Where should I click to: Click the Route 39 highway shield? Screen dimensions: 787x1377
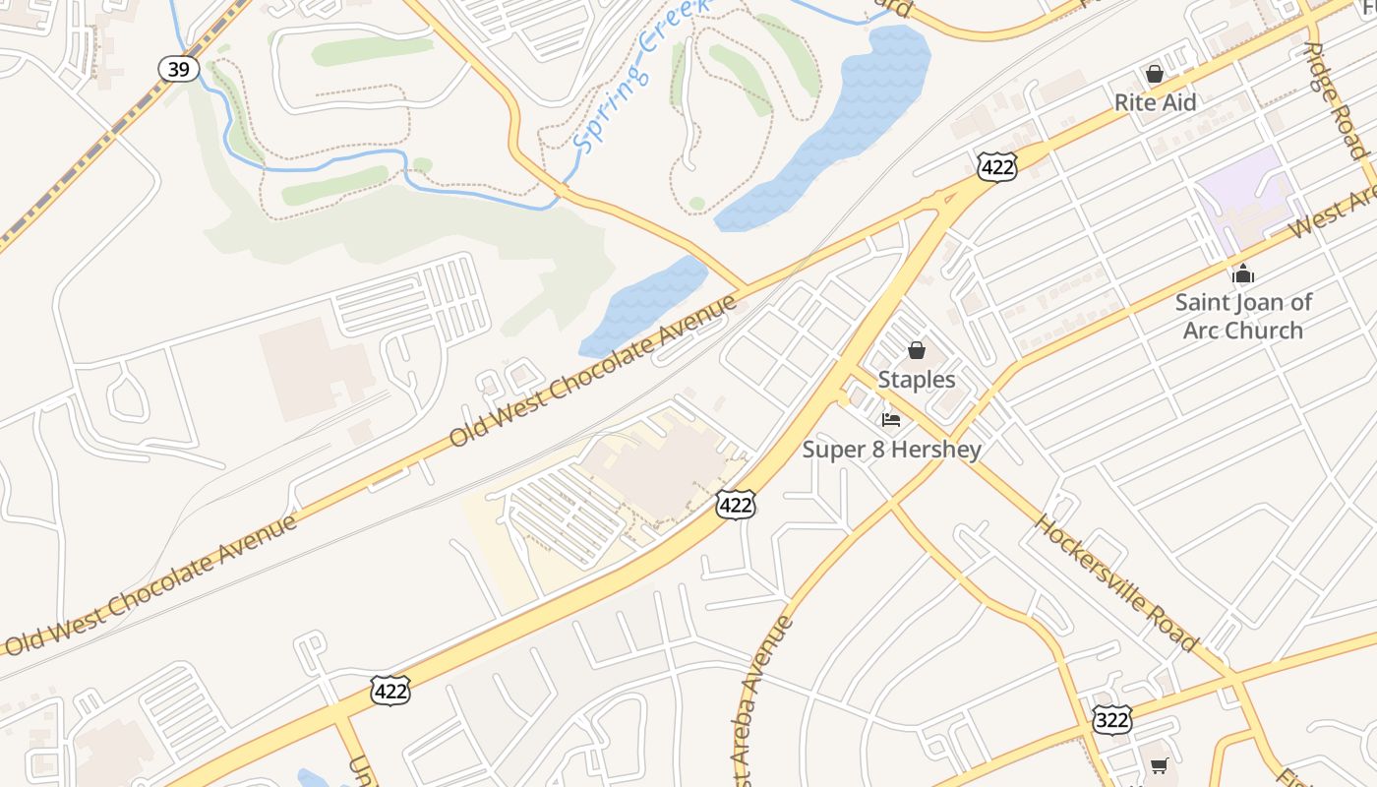[179, 69]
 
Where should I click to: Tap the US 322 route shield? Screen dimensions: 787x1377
[1111, 719]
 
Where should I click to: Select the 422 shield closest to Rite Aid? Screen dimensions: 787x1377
[996, 167]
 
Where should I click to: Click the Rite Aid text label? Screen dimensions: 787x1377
[1155, 102]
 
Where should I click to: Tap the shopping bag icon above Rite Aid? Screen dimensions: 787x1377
[1155, 74]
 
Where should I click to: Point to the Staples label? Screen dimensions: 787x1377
[916, 380]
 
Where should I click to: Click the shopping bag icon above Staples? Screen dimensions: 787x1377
[917, 350]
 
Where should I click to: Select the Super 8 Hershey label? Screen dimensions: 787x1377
[891, 450]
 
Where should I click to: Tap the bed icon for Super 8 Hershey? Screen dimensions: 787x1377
[891, 420]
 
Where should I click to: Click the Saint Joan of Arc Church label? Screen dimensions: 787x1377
[1243, 316]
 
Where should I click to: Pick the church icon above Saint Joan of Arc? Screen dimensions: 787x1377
[1243, 273]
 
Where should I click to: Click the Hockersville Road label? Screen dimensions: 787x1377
[1115, 582]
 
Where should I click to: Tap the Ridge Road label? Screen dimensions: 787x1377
[1334, 98]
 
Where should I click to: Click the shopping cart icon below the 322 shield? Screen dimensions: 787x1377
[1159, 765]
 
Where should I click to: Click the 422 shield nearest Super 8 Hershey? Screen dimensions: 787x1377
[736, 506]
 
